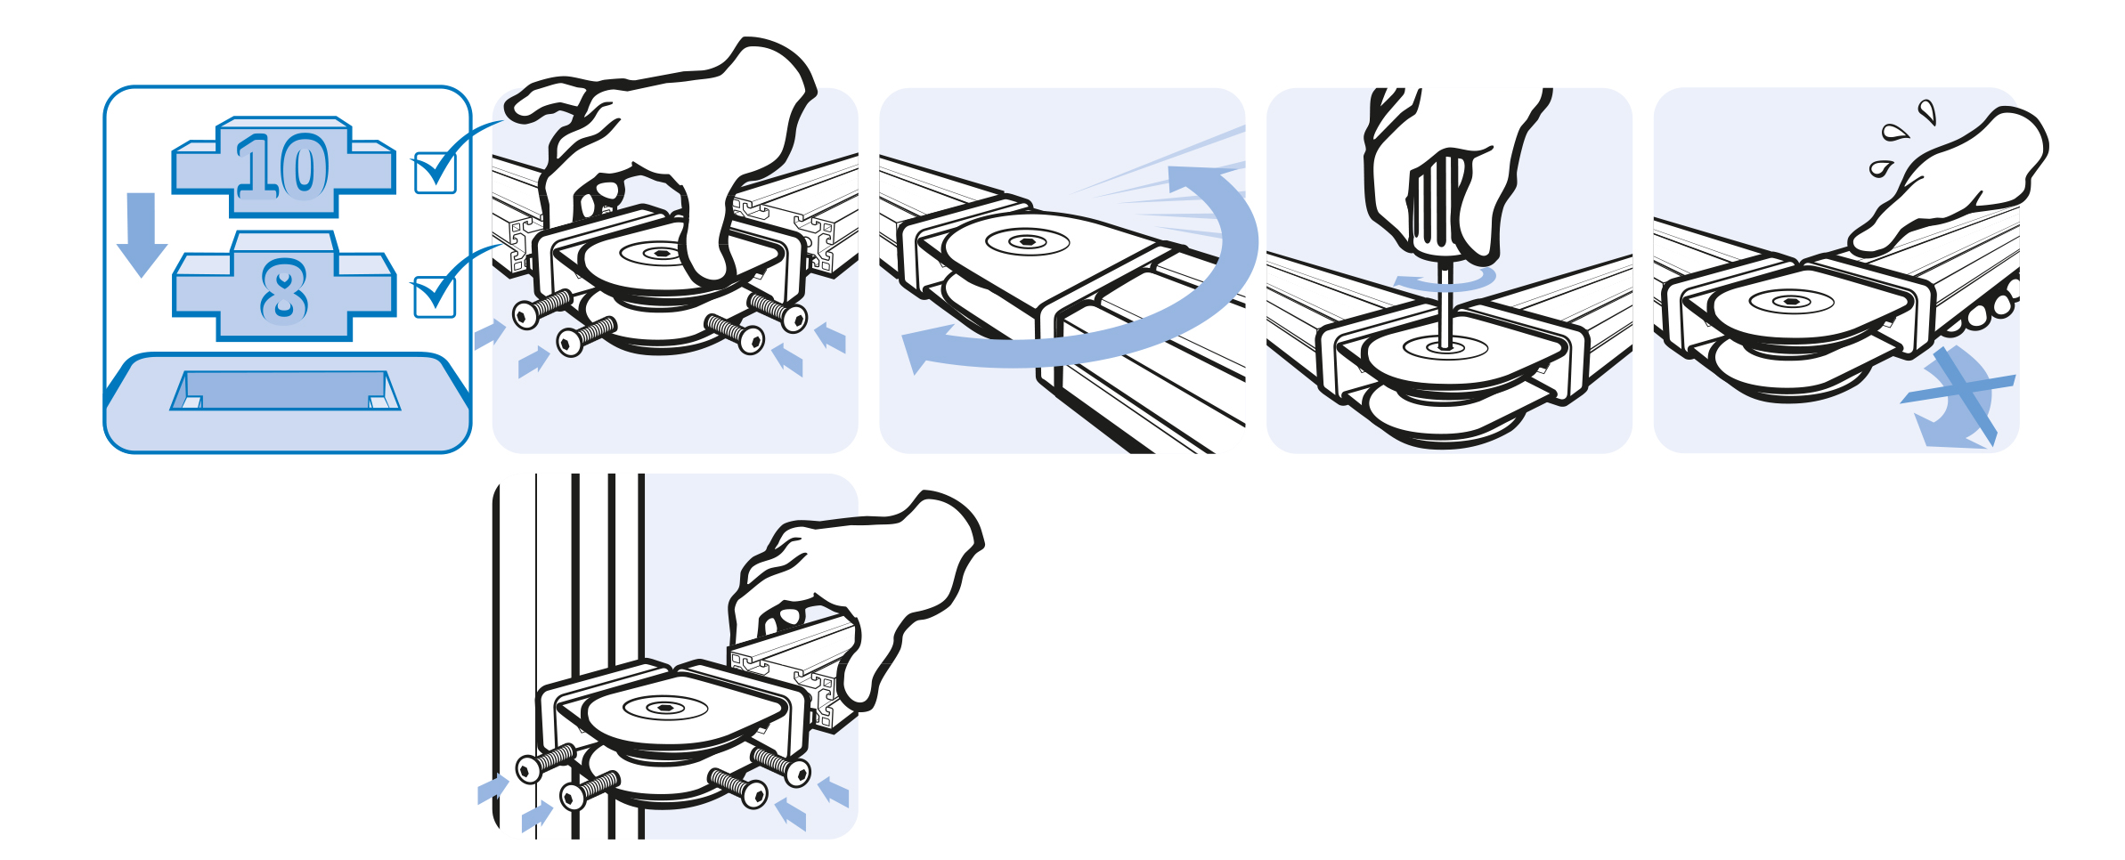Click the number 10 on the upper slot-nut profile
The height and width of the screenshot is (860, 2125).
283,166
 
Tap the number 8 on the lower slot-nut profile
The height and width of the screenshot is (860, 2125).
284,291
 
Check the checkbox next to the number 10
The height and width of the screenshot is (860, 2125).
436,173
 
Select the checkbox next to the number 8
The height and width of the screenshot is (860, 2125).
436,296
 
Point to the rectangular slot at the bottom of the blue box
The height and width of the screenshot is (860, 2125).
285,390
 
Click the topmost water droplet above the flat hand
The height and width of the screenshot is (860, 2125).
1927,111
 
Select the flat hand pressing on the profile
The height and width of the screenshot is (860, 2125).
1950,183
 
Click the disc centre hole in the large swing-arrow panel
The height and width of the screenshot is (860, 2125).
1028,241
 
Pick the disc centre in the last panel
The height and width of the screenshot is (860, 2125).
1791,302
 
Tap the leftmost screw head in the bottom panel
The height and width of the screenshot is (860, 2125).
528,767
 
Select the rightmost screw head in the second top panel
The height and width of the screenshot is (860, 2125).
794,318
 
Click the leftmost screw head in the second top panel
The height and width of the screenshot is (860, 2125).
525,314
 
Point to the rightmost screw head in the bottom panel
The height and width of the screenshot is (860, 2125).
798,773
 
